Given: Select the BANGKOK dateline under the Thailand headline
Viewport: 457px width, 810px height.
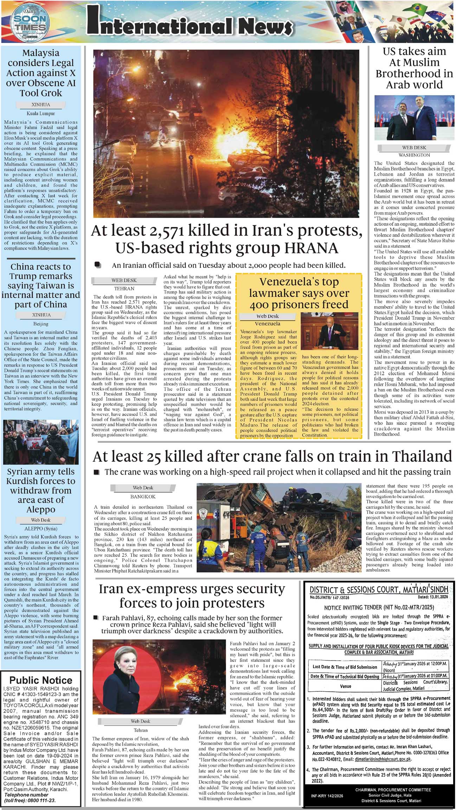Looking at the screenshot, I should (143, 496).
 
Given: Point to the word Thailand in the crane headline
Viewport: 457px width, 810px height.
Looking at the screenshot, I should (422, 456).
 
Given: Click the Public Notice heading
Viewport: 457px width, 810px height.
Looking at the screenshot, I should (41, 680).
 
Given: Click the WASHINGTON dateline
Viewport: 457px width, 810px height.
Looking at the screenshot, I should (414, 155).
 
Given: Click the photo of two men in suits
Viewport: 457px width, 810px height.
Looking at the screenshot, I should (414, 118).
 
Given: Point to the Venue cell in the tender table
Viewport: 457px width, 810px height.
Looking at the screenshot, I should (345, 686).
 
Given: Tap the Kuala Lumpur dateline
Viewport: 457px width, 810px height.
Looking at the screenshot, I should (41, 114).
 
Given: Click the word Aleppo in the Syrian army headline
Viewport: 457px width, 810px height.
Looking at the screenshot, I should (41, 510).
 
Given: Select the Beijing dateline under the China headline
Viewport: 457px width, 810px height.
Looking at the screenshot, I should (41, 324).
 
